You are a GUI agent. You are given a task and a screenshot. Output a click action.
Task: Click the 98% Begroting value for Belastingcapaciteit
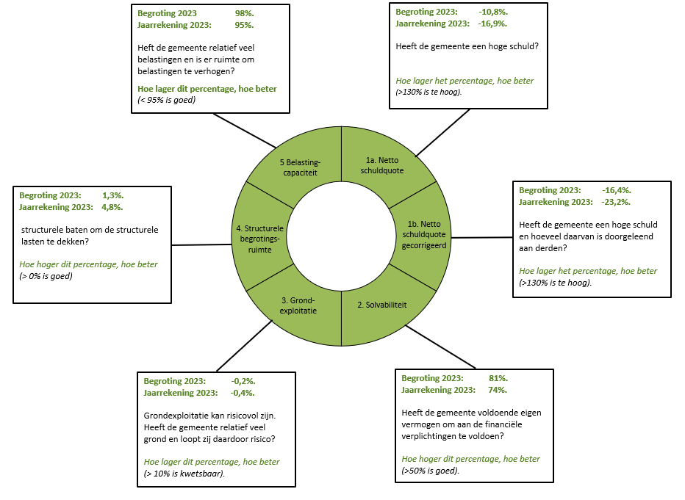pyautogui.click(x=244, y=13)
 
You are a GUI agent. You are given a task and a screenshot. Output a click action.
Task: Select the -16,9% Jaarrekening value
pyautogui.click(x=493, y=23)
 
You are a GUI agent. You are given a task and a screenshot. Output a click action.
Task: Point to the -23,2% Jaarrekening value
pyautogui.click(x=617, y=202)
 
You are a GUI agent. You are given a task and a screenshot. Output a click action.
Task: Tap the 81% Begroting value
pyautogui.click(x=498, y=378)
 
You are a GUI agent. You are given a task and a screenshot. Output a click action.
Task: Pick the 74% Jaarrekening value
pyautogui.click(x=498, y=390)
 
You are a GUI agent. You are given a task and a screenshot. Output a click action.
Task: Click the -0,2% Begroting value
pyautogui.click(x=243, y=381)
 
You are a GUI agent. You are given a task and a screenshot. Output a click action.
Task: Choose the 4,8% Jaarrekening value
pyautogui.click(x=112, y=207)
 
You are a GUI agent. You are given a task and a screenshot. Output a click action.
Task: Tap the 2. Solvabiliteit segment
pyautogui.click(x=386, y=304)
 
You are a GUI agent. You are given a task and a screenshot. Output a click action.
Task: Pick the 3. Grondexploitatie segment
pyautogui.click(x=298, y=305)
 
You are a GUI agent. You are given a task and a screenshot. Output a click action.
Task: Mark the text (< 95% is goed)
pyautogui.click(x=167, y=100)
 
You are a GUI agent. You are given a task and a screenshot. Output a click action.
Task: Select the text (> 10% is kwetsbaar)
pyautogui.click(x=184, y=474)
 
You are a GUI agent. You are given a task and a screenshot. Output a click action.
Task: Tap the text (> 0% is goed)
pyautogui.click(x=46, y=276)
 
